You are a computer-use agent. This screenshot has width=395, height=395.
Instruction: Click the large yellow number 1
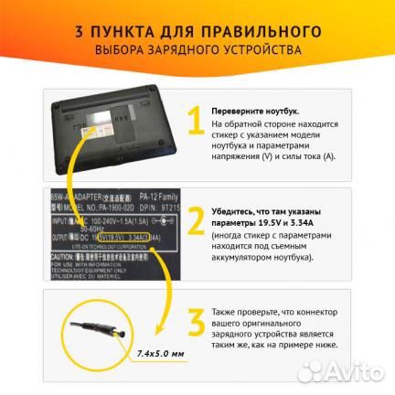[193, 123]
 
